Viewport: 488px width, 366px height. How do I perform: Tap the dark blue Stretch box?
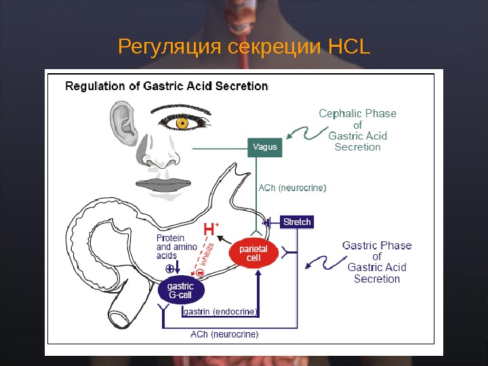[297, 222]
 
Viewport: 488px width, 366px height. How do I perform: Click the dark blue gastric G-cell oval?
[180, 291]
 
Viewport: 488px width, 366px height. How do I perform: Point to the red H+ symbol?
[211, 230]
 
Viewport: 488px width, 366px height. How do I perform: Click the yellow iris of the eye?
[182, 123]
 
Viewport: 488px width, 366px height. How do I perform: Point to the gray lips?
[161, 184]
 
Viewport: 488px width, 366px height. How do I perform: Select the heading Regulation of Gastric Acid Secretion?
[166, 86]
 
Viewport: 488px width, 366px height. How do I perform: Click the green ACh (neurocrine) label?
[293, 188]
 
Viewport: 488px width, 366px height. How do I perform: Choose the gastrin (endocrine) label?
[220, 312]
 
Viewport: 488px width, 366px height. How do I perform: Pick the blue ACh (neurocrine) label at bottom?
[224, 334]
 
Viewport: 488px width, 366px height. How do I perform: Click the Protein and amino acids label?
[176, 247]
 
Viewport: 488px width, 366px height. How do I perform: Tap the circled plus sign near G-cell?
[169, 269]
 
